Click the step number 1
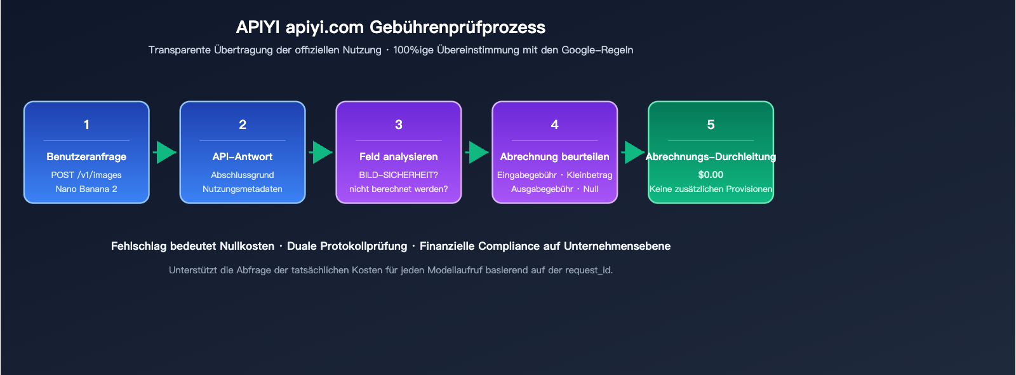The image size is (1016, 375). (86, 125)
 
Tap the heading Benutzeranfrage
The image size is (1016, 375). (86, 156)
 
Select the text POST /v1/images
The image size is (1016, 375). (86, 175)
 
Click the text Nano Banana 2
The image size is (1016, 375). (86, 189)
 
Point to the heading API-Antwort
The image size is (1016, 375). (243, 156)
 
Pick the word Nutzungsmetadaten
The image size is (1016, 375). (243, 189)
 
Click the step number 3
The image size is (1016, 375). (399, 125)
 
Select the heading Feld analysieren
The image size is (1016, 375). (399, 156)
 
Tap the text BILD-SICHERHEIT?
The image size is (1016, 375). (399, 175)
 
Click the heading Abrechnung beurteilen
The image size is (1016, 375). (554, 156)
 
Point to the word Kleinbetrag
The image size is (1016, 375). (589, 175)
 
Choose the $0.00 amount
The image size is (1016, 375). (711, 175)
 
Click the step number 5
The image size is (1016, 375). (711, 125)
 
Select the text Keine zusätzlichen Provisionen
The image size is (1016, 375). (711, 189)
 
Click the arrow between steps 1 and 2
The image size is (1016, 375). (165, 153)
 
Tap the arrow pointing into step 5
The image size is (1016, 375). (633, 153)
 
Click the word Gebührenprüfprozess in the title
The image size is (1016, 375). (457, 27)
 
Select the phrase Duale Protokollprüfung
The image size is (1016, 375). (347, 246)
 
